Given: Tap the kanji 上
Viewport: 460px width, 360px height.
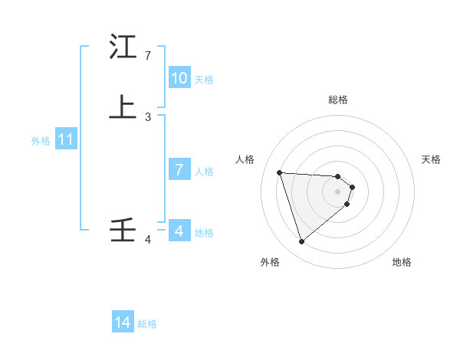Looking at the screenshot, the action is pos(123,107).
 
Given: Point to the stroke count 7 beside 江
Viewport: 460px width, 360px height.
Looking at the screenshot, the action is pos(147,56).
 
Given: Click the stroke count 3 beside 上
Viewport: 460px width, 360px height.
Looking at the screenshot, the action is pos(147,116).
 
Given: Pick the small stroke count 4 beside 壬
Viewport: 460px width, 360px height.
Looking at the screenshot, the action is pos(147,241).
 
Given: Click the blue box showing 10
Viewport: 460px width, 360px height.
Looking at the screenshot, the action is pos(179,78).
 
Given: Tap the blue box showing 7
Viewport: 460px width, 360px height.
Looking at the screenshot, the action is pos(179,170).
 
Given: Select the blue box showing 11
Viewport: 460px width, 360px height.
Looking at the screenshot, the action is pos(66,140).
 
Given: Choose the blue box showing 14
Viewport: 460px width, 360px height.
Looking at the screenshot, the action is pos(123,323).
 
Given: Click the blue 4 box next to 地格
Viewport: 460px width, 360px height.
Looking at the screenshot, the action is pos(179,231).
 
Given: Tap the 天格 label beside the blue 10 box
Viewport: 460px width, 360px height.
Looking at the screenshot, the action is pos(204,80).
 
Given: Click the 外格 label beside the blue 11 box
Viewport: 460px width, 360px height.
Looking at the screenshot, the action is pos(41,141).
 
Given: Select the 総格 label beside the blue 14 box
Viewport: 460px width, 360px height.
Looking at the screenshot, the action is pos(147,324).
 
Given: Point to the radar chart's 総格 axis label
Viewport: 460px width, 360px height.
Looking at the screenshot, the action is pos(338,100).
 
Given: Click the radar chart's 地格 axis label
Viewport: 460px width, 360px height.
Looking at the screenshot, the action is pos(402,262).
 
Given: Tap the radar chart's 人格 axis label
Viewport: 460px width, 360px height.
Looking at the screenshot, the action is pos(245,159).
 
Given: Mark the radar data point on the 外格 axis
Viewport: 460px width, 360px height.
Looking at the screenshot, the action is pos(301,242).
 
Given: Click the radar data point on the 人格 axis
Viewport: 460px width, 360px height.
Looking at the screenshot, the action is pos(280,172).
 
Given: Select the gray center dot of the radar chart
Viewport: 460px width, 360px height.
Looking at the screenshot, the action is pos(338,191).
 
